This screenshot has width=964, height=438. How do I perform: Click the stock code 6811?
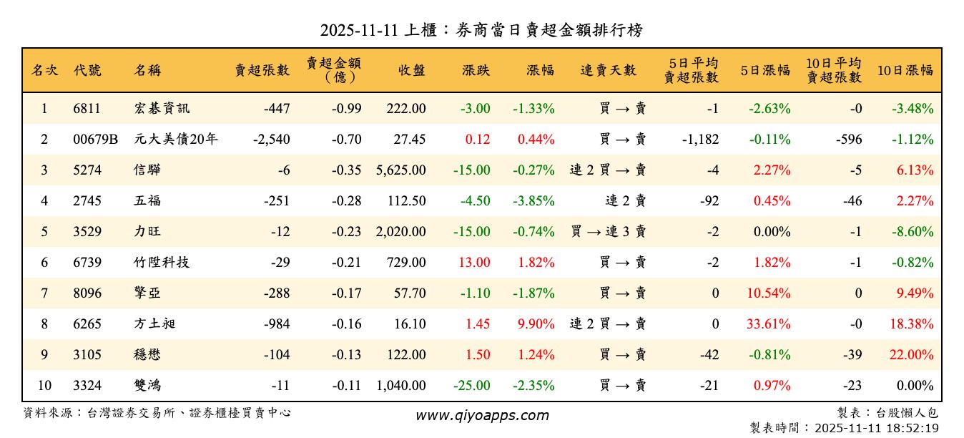click(x=87, y=109)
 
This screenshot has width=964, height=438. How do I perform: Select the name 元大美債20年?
click(x=175, y=140)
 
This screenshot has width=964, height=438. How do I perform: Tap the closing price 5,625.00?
click(x=400, y=170)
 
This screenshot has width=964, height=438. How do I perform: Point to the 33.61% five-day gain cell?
click(x=768, y=324)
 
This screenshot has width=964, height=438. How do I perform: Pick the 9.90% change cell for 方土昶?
click(x=536, y=324)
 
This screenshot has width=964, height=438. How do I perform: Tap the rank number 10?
click(x=44, y=386)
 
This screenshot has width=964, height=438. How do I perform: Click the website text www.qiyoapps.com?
click(x=482, y=415)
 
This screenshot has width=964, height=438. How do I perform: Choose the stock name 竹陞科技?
click(x=162, y=263)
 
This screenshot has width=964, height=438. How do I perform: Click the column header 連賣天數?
click(x=608, y=70)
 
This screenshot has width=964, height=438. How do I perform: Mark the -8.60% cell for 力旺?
click(x=913, y=232)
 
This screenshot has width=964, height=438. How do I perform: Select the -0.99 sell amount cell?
click(x=346, y=109)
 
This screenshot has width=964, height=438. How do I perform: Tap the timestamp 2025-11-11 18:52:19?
click(x=875, y=428)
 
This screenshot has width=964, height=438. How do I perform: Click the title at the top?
click(x=481, y=30)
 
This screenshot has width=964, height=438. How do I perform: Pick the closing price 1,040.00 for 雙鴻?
click(x=400, y=386)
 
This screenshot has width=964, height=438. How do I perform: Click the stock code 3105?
click(x=87, y=355)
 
